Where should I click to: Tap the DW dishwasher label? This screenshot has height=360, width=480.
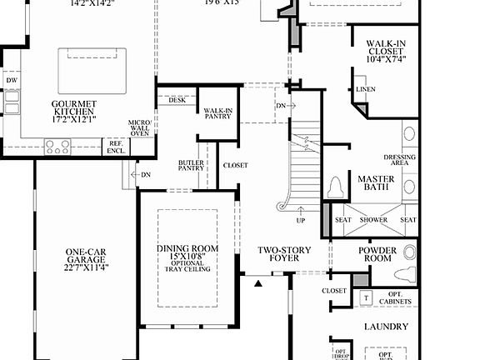coord(12,81)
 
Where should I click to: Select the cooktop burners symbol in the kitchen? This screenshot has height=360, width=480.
coord(57,147)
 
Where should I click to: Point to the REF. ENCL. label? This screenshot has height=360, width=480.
coord(115,147)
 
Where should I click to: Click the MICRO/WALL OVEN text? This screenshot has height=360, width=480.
coord(139,127)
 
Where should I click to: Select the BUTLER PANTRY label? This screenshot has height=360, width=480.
coord(191,165)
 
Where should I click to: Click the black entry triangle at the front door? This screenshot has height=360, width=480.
coord(257,283)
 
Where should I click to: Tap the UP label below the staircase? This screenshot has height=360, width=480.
coord(300,221)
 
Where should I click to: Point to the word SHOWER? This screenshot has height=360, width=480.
coord(374,220)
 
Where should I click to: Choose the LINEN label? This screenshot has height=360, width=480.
coord(365,89)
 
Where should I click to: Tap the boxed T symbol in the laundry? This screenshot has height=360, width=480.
coord(365,297)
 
